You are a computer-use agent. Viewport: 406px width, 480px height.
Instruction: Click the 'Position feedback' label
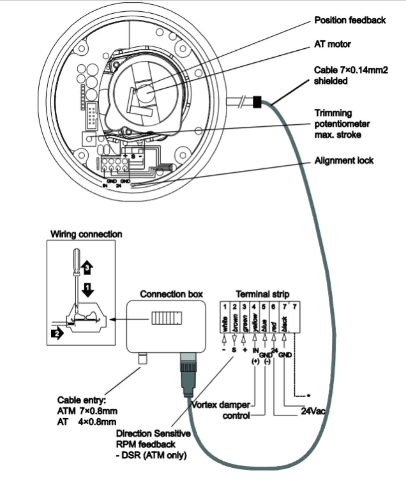350,20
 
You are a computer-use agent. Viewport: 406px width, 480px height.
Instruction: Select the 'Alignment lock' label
344,160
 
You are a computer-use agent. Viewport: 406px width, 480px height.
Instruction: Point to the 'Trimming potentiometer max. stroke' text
342,124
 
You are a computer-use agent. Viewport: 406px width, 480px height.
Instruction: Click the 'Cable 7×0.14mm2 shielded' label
351,75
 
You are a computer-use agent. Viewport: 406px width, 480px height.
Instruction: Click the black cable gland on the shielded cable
257,102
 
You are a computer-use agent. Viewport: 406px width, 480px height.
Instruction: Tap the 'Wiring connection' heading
86,234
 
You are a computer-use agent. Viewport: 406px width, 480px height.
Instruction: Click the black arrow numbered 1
88,289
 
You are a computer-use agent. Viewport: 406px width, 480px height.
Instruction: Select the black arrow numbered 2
57,334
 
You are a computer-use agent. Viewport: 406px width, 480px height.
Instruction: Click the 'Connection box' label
171,294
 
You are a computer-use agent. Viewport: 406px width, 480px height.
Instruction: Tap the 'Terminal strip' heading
262,294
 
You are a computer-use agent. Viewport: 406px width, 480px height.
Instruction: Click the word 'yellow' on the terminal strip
255,323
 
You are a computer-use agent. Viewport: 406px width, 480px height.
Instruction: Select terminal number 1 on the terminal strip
225,307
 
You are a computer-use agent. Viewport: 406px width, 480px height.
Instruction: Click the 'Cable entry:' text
81,400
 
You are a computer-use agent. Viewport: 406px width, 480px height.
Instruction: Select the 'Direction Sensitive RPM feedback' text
153,439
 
